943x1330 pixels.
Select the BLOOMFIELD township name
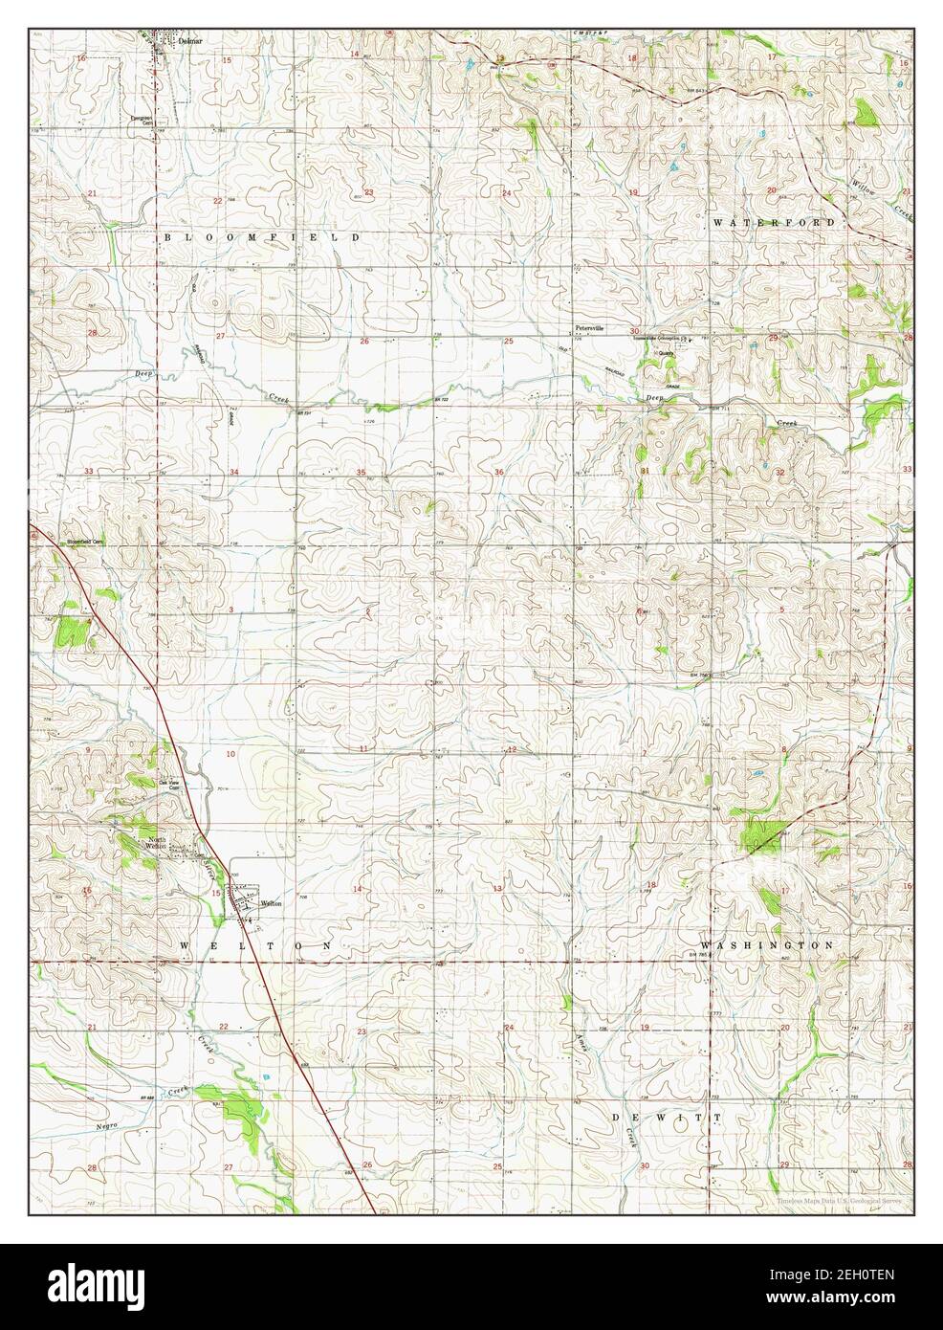(262, 235)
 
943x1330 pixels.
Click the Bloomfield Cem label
(83, 543)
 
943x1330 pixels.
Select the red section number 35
(361, 473)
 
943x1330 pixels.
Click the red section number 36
(499, 473)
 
